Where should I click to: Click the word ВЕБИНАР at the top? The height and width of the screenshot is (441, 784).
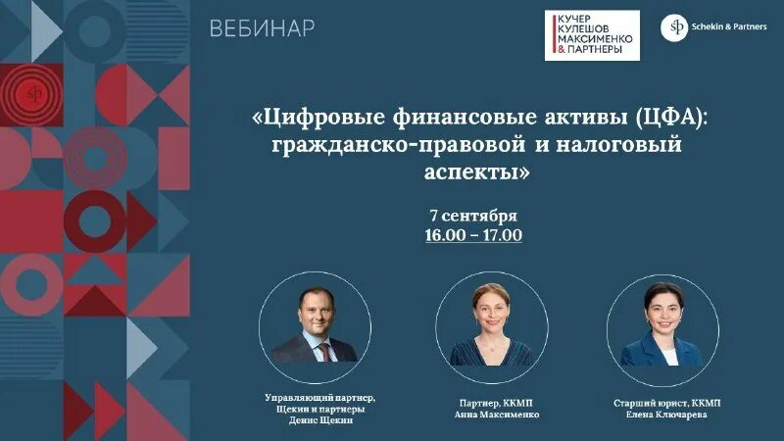pyautogui.click(x=262, y=28)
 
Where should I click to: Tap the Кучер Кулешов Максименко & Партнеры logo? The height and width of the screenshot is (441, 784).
pyautogui.click(x=592, y=35)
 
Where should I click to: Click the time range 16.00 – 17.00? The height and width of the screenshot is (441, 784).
pyautogui.click(x=473, y=235)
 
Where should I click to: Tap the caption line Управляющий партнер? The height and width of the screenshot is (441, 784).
pyautogui.click(x=320, y=396)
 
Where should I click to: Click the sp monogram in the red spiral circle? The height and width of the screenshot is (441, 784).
pyautogui.click(x=36, y=97)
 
